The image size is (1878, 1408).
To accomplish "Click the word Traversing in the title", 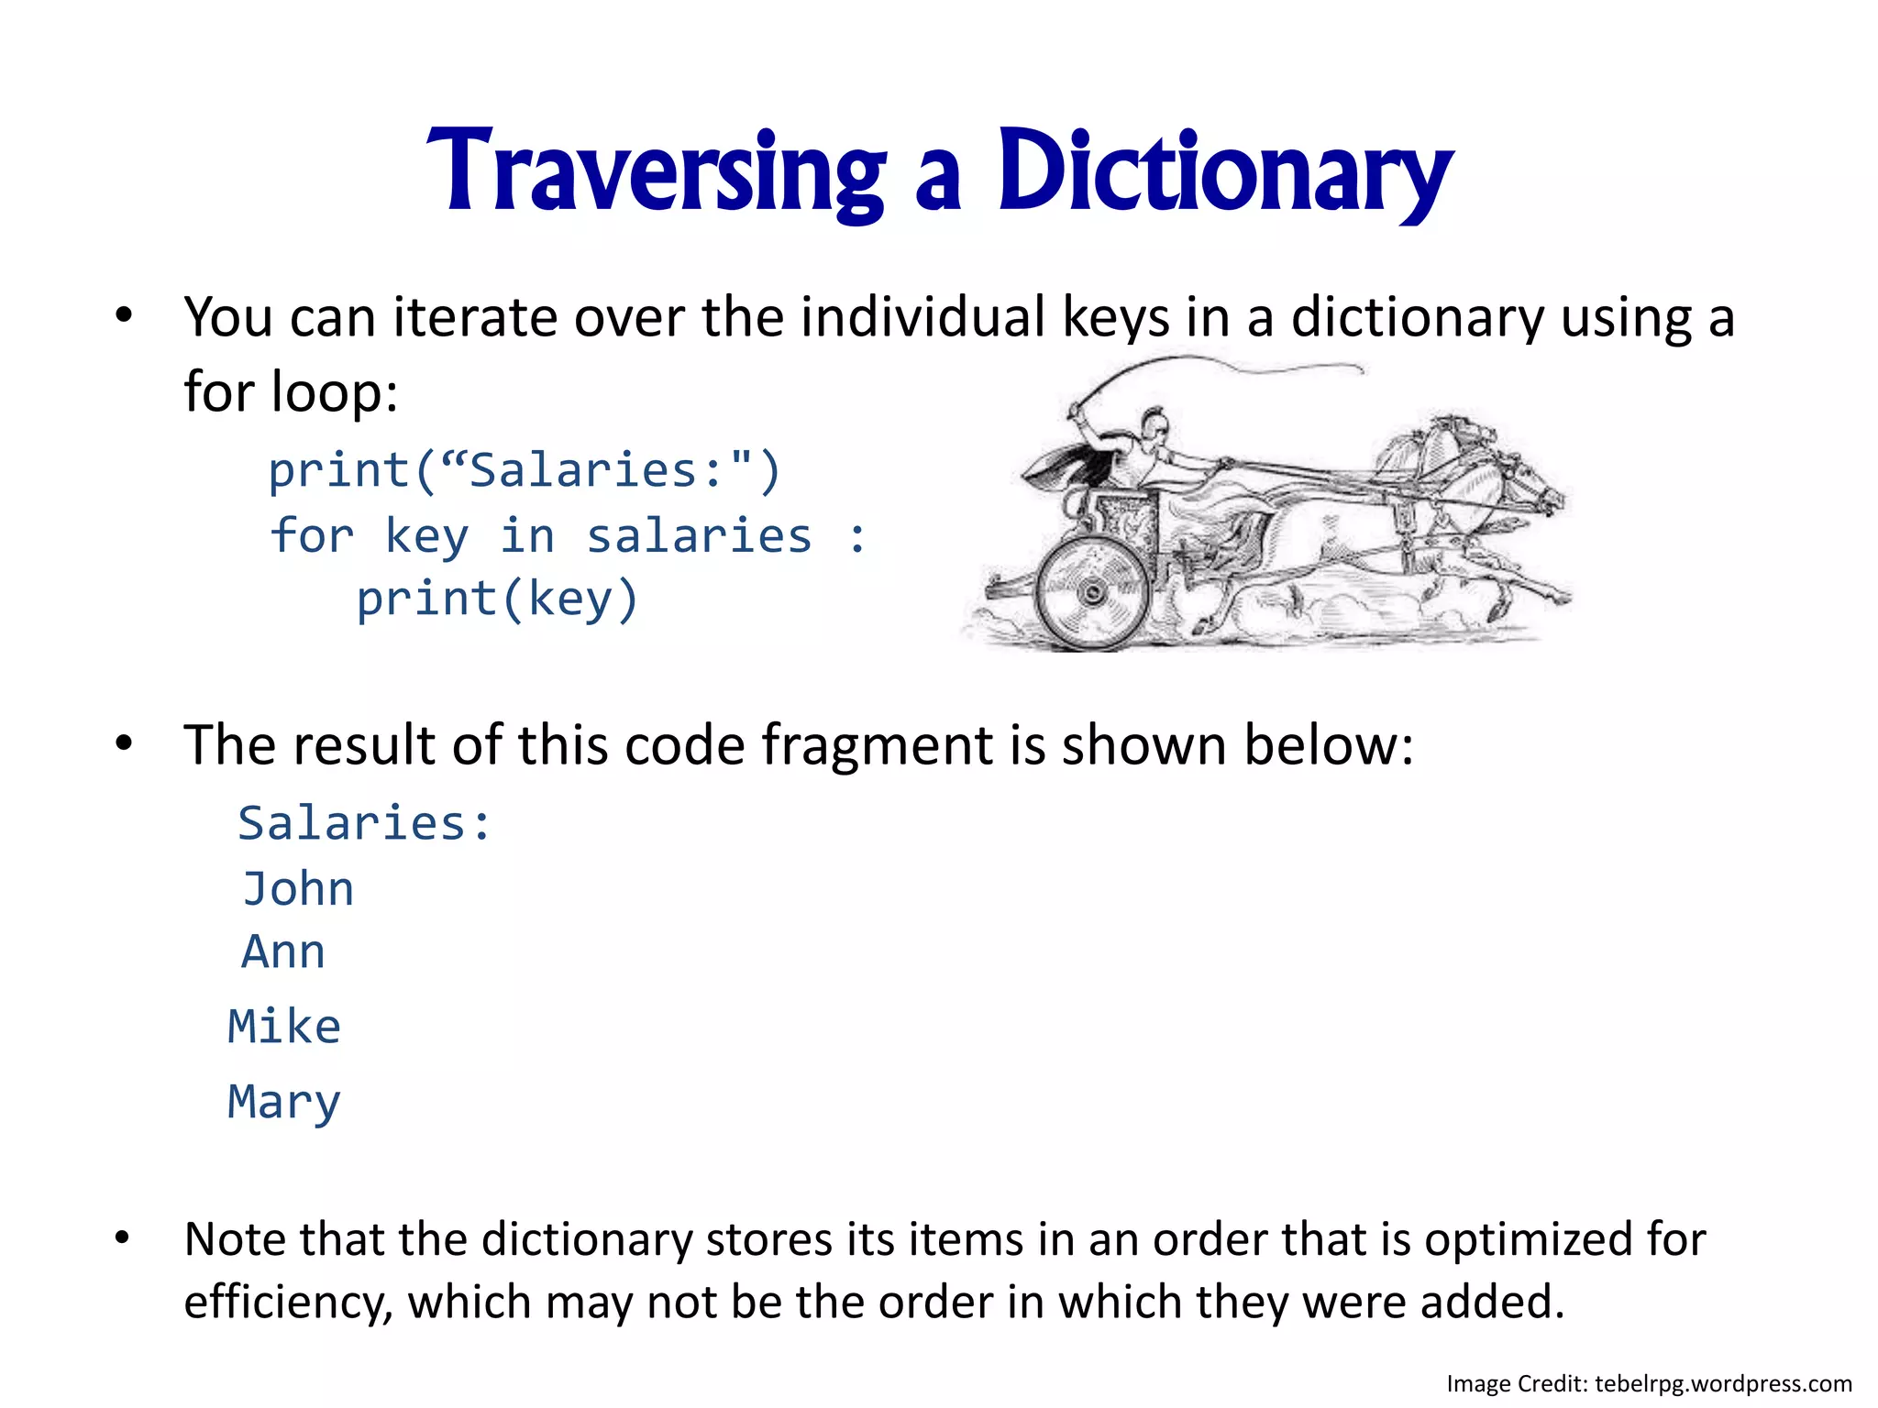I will [x=657, y=172].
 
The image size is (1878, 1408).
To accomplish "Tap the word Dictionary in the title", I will [x=1225, y=172].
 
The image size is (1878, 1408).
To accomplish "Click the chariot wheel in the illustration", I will [x=1092, y=592].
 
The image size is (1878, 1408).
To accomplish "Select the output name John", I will [x=298, y=889].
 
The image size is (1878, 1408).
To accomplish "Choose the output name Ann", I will [x=283, y=952].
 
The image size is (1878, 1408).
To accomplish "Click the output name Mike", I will [x=284, y=1027].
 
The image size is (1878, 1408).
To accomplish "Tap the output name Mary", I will [x=284, y=1102].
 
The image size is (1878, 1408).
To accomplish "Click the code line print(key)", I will [x=497, y=600].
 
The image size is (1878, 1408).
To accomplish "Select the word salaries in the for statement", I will [x=699, y=536].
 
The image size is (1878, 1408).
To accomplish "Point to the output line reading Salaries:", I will [x=365, y=823].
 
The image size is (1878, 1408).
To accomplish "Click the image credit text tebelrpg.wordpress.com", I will [x=1723, y=1383].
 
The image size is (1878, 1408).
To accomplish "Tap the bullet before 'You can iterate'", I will [x=125, y=317].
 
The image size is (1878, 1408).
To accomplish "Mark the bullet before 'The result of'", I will [x=125, y=744].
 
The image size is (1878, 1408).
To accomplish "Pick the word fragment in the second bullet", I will [x=878, y=744].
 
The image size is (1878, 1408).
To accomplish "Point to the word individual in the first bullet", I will [x=923, y=317].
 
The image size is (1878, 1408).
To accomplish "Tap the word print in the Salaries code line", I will [x=339, y=471].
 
